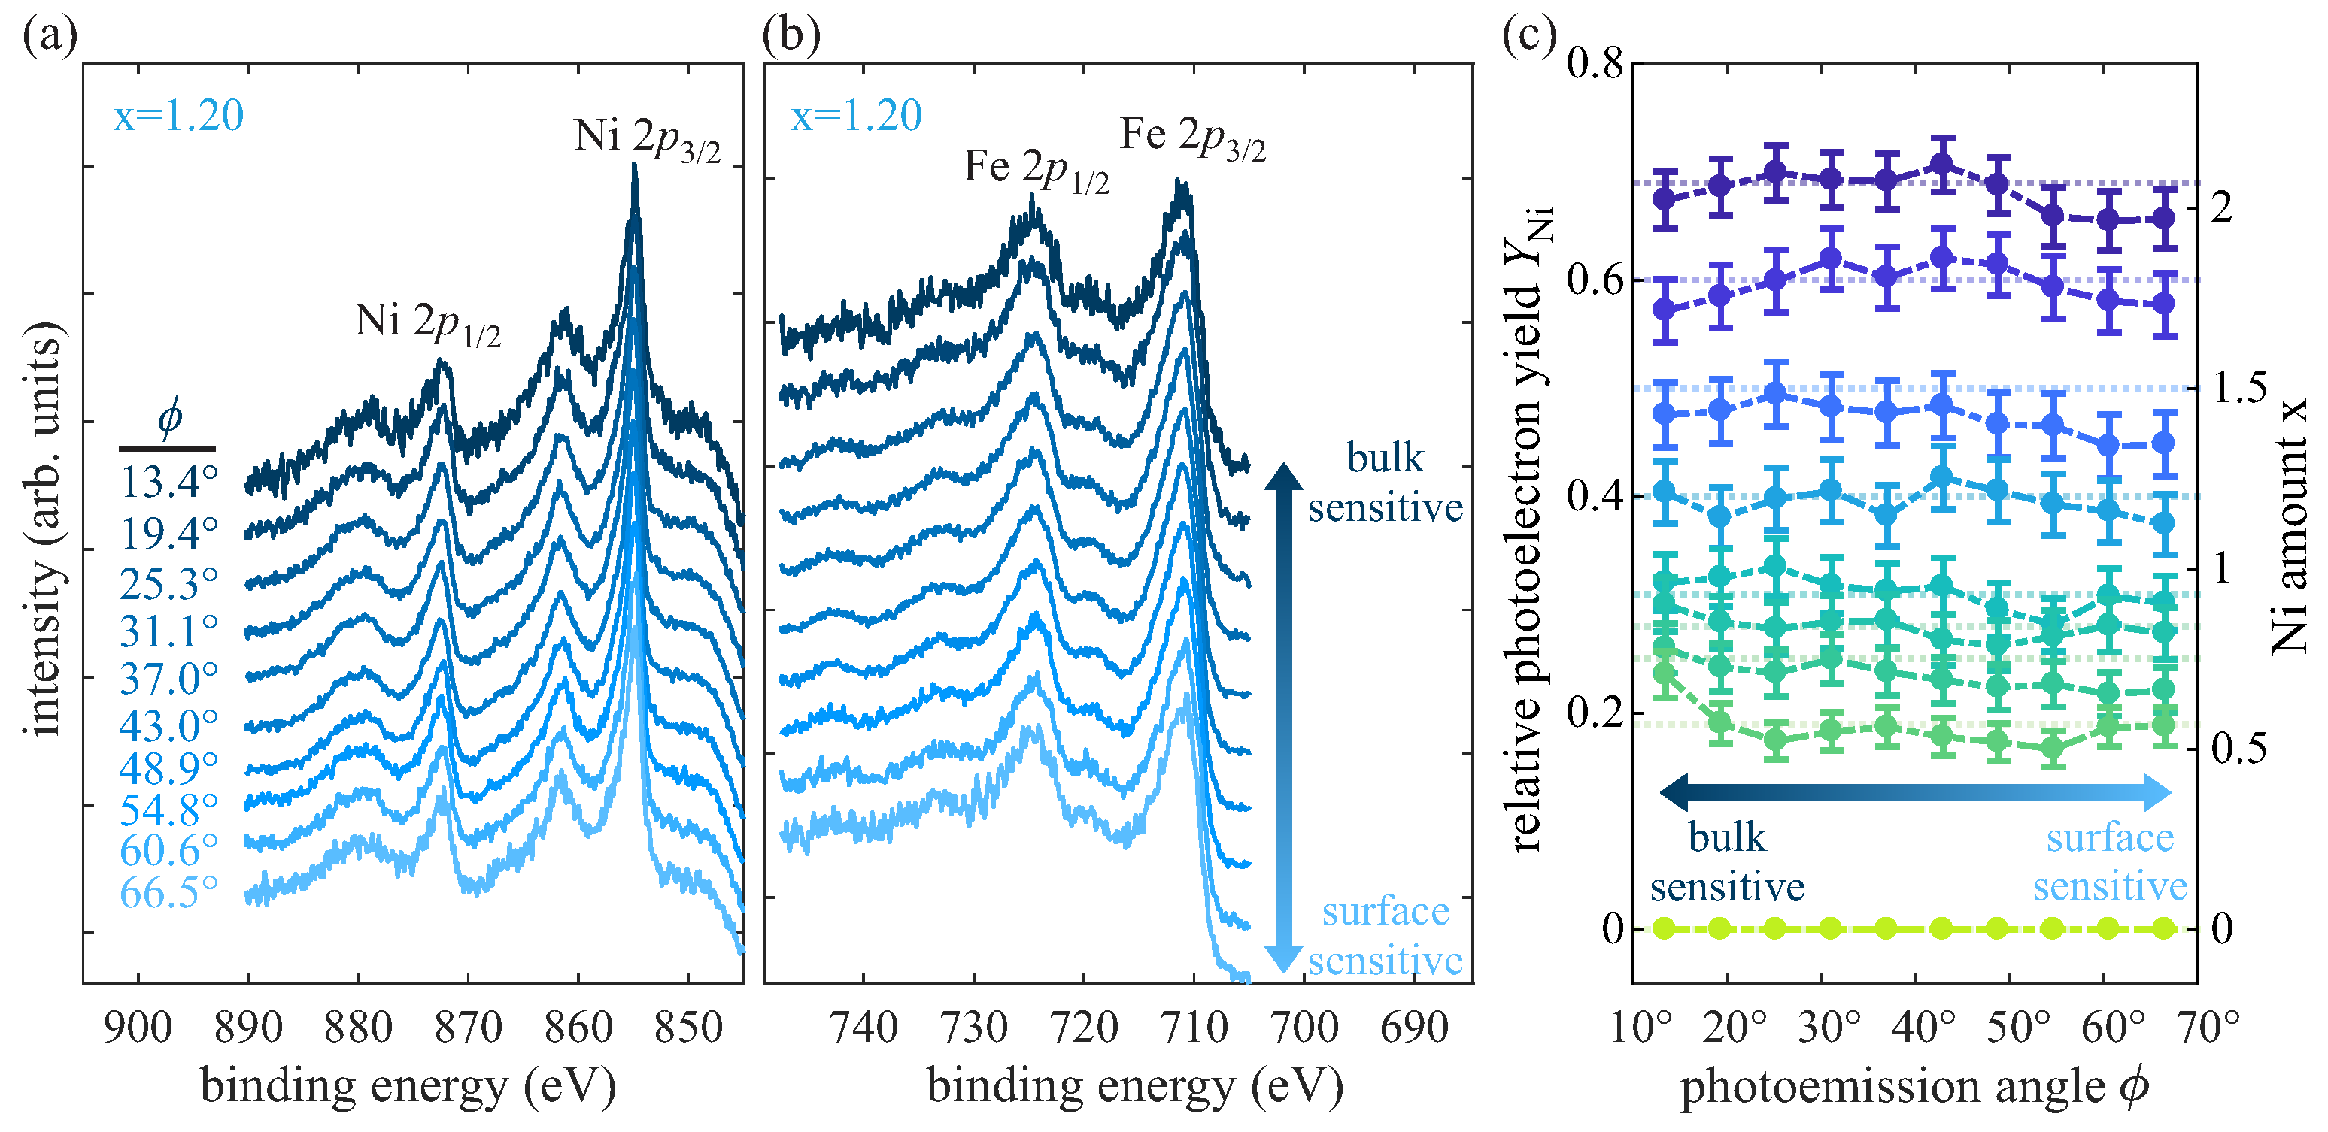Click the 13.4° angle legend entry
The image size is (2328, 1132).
(x=169, y=483)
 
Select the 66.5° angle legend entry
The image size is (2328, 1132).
(x=169, y=892)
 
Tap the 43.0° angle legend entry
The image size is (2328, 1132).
(x=169, y=725)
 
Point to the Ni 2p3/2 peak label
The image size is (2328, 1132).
(x=647, y=139)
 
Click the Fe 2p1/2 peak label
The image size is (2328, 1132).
(x=1036, y=170)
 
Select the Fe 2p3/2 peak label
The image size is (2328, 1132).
(x=1192, y=138)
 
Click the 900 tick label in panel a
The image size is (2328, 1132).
(x=138, y=1028)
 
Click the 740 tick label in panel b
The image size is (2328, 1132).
(x=863, y=1028)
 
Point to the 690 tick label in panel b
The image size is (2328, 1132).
(x=1413, y=1028)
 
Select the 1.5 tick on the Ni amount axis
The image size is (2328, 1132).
(x=2239, y=388)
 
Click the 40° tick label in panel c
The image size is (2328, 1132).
(x=1925, y=1028)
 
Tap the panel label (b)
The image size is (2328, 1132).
(x=791, y=36)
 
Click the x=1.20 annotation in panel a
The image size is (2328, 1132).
(x=178, y=116)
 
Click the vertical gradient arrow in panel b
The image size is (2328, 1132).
(x=1282, y=719)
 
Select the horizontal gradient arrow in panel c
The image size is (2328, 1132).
(x=1916, y=792)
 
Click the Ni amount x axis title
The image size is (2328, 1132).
(x=2290, y=524)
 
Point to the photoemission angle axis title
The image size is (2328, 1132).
(x=1914, y=1086)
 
